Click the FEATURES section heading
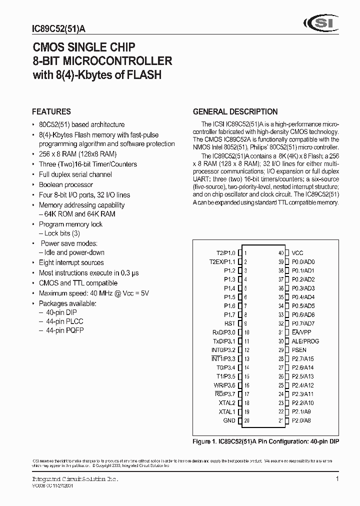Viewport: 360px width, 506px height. [51, 111]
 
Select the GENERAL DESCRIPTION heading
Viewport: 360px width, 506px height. [235, 111]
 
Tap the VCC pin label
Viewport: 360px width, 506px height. [297, 253]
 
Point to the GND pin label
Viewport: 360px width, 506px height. [229, 420]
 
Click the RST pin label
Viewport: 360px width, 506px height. [229, 323]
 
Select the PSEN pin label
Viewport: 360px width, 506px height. [299, 350]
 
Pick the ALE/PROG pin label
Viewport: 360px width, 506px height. [305, 341]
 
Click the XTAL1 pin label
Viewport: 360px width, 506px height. [226, 411]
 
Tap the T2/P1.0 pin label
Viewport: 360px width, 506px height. [224, 253]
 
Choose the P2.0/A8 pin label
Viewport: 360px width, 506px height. [301, 420]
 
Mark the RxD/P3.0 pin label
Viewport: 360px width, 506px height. [223, 332]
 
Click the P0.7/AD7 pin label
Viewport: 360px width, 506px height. [303, 323]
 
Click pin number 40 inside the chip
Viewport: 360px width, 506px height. [281, 253]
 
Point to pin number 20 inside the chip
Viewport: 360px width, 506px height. [247, 420]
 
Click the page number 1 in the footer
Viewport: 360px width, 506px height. [337, 479]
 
